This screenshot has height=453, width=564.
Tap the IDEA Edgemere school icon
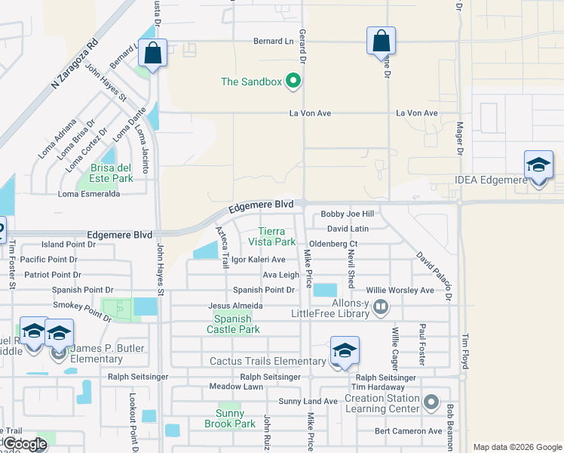[538, 166]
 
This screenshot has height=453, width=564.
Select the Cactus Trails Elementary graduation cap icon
[345, 351]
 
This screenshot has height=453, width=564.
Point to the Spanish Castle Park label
[233, 324]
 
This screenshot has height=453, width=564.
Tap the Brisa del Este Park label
[112, 173]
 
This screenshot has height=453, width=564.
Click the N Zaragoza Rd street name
[75, 63]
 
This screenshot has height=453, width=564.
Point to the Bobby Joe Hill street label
[347, 214]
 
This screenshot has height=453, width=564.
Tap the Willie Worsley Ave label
[400, 290]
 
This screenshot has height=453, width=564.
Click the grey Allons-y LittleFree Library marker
[381, 307]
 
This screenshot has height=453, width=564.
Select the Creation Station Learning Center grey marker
[431, 401]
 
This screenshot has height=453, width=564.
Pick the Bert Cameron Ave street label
[409, 431]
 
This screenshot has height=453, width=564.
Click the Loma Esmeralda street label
[89, 194]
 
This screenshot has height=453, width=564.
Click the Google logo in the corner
[24, 443]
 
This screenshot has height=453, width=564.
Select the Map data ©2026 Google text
[516, 446]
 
